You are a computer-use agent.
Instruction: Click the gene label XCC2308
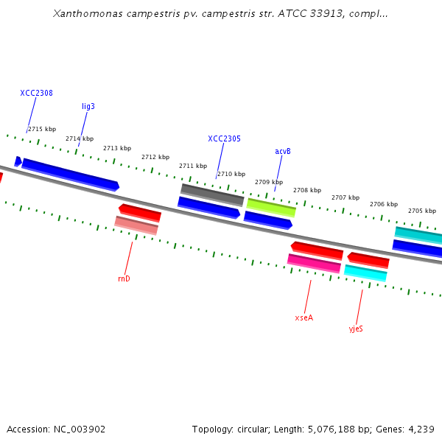pos(36,94)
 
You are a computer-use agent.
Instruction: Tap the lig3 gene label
pos(88,107)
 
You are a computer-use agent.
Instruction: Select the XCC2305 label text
pos(224,138)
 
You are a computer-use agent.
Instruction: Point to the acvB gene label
pos(283,152)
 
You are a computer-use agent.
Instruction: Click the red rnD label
pos(124,278)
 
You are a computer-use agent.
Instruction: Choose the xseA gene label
pos(304,318)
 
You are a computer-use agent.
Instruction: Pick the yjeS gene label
pos(356,329)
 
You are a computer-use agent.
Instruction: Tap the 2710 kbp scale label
pos(231,175)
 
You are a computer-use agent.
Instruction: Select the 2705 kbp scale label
pos(421,211)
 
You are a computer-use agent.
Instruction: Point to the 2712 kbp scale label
pos(155,157)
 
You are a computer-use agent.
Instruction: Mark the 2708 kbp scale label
pos(307,190)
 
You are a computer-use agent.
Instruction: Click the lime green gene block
pos(271,207)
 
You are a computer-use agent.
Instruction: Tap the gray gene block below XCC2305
pos(212,194)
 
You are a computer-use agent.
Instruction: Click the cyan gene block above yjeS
pos(365,273)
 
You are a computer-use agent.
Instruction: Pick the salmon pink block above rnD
pos(136,225)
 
